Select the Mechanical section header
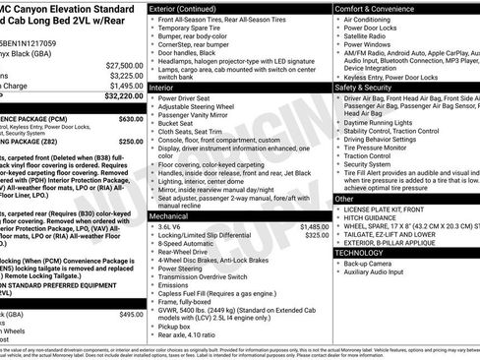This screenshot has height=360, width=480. [x=169, y=215]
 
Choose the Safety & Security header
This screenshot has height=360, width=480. [x=365, y=87]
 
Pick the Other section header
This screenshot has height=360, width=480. [x=344, y=199]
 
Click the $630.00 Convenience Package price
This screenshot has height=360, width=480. [x=130, y=118]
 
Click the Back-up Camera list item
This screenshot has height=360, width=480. [x=367, y=264]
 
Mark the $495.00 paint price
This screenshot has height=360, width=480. [x=131, y=314]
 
